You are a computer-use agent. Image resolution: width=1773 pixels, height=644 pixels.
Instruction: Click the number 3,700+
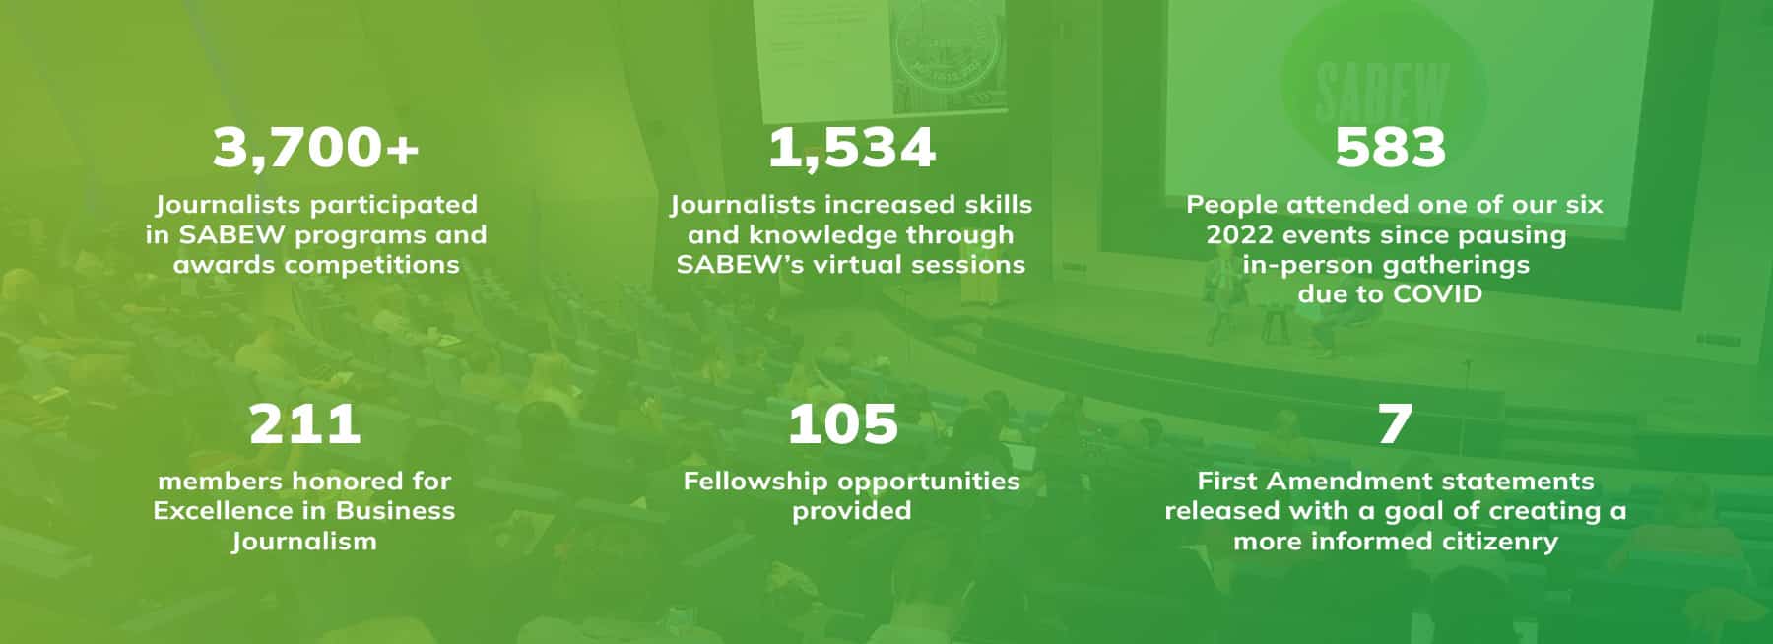coord(316,148)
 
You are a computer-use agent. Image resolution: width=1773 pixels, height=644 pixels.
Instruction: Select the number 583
coord(1390,148)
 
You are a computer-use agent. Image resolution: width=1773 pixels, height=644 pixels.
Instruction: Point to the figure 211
coord(304,424)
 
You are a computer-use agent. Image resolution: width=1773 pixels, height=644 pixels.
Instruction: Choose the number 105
coord(843,424)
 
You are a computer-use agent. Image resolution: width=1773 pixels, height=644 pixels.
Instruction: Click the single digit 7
coord(1395,424)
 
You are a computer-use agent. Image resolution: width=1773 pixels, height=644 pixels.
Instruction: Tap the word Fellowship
coord(750,482)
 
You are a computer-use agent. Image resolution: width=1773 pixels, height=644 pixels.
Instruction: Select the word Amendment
coord(1347,481)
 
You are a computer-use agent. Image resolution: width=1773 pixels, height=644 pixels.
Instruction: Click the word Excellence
coord(227,510)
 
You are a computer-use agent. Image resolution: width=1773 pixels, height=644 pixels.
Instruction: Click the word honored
coord(336,481)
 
